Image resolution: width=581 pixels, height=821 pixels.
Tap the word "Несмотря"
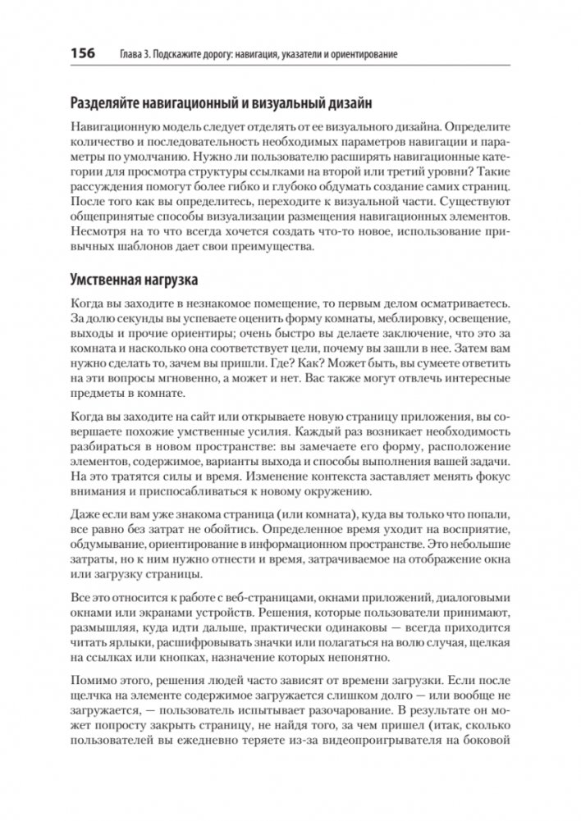[98, 235]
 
